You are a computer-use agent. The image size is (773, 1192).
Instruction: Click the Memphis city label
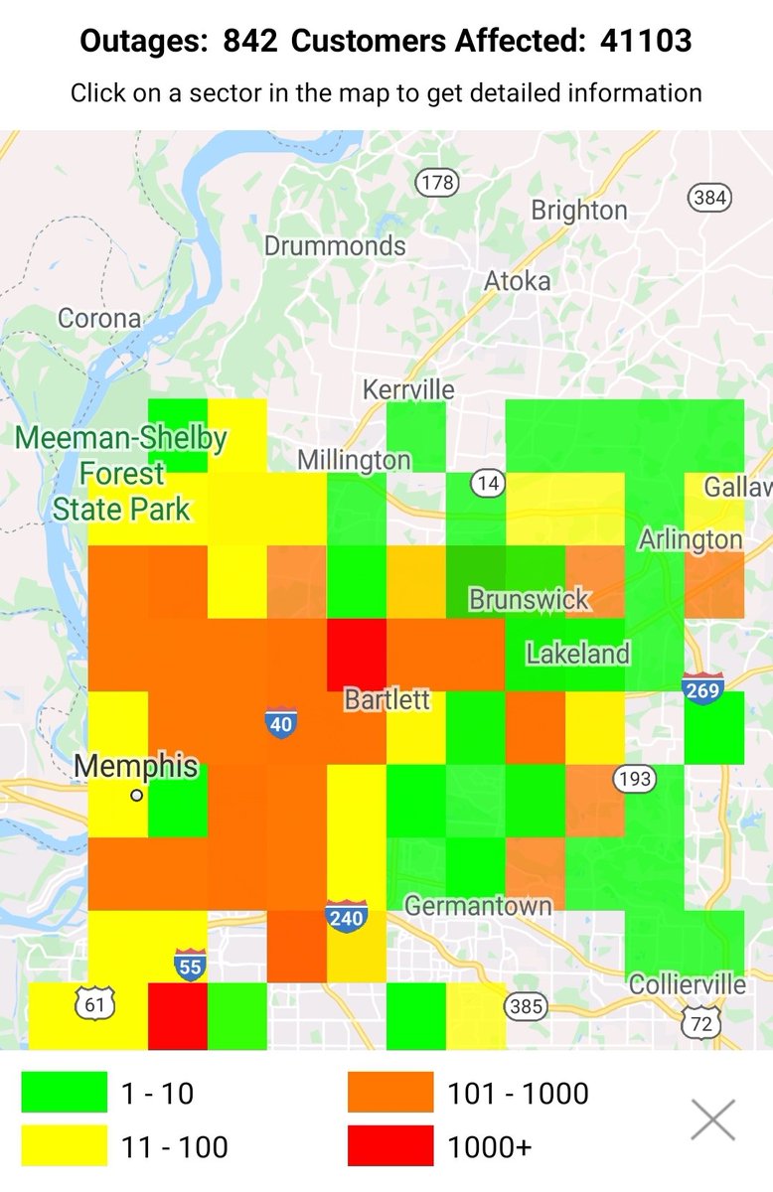point(136,767)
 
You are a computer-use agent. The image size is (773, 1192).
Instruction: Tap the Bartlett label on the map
point(387,699)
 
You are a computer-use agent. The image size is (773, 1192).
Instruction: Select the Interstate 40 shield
point(281,722)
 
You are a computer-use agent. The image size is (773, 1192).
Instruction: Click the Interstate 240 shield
point(346,915)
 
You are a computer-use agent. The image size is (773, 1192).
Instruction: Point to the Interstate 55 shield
point(190,964)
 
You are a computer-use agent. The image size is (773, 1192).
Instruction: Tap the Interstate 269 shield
point(702,688)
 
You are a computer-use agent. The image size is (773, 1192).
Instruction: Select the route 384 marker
point(709,197)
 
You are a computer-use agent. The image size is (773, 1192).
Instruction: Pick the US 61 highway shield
point(94,1004)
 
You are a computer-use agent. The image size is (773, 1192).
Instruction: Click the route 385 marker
point(525,1006)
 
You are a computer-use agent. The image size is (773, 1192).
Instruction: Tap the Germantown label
point(478,906)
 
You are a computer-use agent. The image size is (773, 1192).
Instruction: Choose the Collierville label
point(687,984)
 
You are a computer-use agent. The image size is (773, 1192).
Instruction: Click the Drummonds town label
point(335,245)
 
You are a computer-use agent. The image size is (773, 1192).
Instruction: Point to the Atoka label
point(517,281)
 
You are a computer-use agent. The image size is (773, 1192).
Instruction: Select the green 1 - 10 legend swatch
point(65,1093)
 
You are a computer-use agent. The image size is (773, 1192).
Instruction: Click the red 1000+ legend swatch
point(390,1146)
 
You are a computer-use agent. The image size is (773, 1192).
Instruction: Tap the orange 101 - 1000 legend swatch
point(390,1093)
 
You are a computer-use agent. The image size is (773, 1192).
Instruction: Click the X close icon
point(713,1119)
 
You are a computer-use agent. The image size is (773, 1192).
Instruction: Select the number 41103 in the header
point(646,41)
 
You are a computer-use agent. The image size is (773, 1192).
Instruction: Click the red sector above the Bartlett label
point(356,651)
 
